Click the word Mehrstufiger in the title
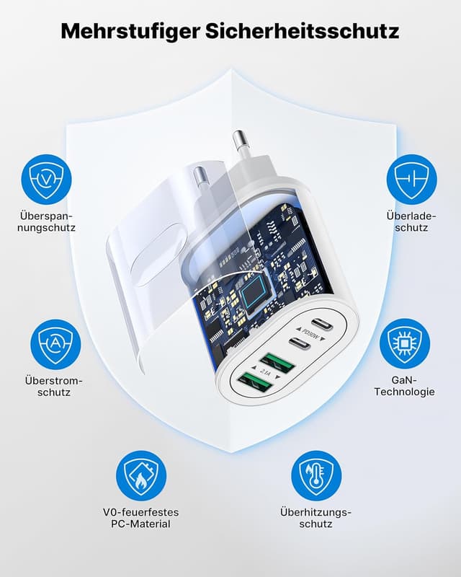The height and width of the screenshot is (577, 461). [130, 31]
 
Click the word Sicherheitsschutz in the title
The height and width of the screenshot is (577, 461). [303, 30]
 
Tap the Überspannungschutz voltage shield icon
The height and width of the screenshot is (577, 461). [46, 180]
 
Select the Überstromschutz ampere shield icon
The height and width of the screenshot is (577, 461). [55, 345]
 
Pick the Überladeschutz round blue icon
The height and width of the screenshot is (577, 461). [412, 180]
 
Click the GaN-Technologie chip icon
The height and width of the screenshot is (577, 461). [405, 344]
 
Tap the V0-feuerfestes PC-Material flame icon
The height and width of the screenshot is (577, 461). [141, 476]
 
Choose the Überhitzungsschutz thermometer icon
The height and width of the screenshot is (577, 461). [316, 476]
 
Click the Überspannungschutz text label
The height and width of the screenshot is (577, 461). [46, 221]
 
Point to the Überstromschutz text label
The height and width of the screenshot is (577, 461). [54, 386]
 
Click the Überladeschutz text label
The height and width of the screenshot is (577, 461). [411, 221]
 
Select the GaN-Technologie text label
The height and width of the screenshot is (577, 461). [404, 386]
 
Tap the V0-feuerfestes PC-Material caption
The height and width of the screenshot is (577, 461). [140, 518]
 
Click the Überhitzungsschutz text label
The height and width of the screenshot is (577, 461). [315, 518]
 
